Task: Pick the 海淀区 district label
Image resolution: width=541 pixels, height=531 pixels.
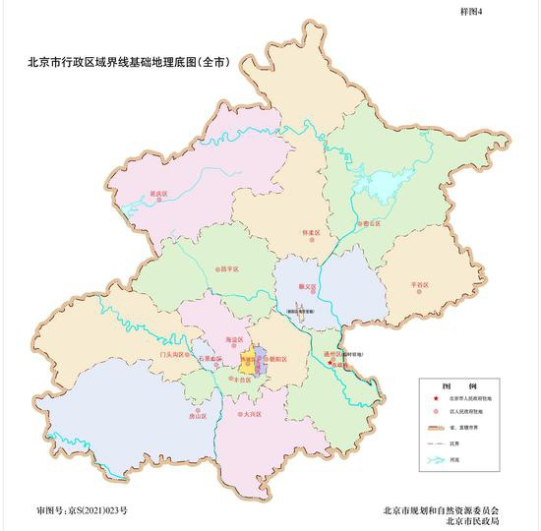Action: [x=234, y=339]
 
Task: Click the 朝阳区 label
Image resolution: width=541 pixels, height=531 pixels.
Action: [x=276, y=361]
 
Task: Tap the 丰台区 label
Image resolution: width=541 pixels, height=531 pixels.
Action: [x=236, y=384]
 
